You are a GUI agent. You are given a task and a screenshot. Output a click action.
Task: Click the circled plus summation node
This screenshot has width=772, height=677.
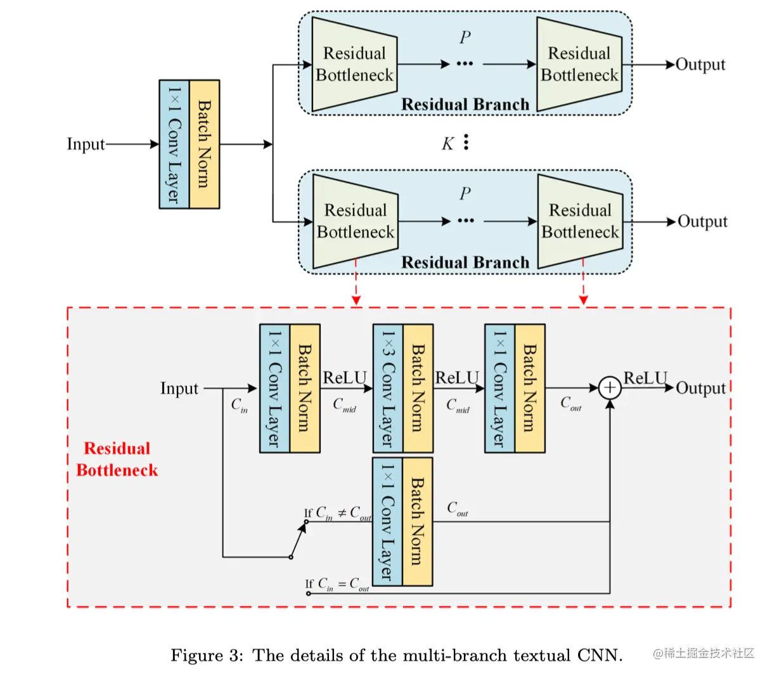pos(610,388)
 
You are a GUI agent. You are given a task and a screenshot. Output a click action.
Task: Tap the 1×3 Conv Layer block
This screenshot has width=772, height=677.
pos(387,388)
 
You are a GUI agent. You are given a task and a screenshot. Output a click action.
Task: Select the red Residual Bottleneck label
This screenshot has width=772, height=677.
pos(117,459)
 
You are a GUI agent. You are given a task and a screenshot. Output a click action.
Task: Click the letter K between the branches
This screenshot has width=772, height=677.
pos(447,143)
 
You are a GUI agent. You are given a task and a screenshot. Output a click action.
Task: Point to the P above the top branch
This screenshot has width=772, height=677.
pos(465,37)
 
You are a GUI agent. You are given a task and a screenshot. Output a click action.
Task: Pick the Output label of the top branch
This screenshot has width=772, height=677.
pos(700,65)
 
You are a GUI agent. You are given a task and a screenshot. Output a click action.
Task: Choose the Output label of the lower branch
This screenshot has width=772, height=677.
pos(702,222)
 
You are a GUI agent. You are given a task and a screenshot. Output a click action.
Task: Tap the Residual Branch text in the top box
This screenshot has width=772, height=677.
pos(465,104)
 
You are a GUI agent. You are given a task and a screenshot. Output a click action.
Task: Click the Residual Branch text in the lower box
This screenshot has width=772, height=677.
pos(465,262)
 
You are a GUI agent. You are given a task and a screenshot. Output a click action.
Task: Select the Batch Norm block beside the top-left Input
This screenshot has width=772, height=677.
pos(204,144)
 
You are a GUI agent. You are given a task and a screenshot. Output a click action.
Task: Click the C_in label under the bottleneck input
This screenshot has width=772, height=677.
pos(240,405)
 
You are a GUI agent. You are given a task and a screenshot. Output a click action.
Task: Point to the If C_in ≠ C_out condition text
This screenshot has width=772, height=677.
pos(338,513)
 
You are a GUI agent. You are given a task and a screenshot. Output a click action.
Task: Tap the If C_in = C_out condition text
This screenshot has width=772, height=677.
pos(337,584)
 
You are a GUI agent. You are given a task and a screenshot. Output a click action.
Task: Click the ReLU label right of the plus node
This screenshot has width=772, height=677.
pos(645,378)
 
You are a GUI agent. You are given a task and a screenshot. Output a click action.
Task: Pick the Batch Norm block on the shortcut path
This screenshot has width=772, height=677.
pos(417,522)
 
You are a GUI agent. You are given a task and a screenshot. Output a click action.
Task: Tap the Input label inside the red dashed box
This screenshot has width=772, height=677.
pos(179,389)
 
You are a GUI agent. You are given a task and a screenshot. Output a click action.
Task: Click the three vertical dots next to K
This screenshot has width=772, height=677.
pos(466,142)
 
